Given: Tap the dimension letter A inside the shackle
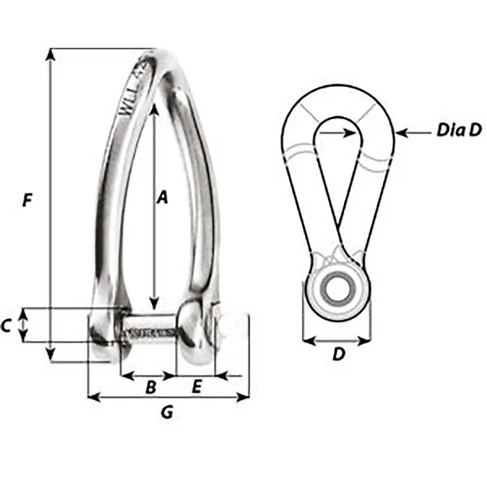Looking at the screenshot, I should click(162, 197).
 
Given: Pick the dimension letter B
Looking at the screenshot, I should click(149, 387).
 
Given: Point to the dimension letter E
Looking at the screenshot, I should click(196, 387).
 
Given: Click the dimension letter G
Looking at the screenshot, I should click(167, 412).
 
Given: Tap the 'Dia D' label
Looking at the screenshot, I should click(458, 131).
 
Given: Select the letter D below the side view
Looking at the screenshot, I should click(339, 354).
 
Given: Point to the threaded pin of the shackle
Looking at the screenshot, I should click(151, 332).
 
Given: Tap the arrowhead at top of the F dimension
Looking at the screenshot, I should click(51, 54).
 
